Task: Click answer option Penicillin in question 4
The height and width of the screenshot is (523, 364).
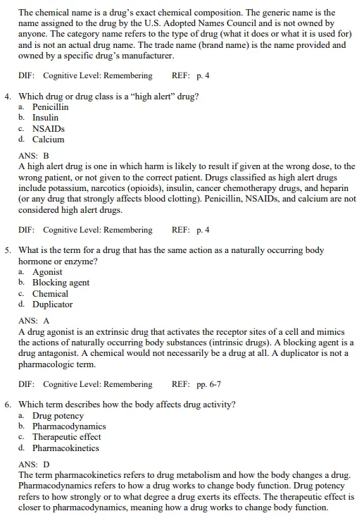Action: (x=50, y=107)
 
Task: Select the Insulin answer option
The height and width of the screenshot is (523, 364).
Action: (x=46, y=118)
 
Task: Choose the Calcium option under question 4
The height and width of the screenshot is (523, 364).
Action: (x=48, y=140)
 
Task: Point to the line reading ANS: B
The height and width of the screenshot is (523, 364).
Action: (x=33, y=155)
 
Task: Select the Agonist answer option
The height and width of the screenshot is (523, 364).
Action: (x=47, y=272)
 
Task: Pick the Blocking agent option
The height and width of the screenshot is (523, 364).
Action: (x=61, y=283)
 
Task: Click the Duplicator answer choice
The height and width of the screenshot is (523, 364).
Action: (x=52, y=304)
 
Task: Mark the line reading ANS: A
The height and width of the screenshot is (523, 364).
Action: (x=33, y=320)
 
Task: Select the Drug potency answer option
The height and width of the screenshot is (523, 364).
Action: (x=58, y=416)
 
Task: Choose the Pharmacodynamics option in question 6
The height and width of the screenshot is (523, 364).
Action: (x=69, y=426)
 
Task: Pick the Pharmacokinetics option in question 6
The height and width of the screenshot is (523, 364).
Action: (x=65, y=448)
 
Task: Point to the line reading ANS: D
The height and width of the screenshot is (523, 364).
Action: (x=33, y=464)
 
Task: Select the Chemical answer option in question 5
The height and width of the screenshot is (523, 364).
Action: (x=50, y=294)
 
